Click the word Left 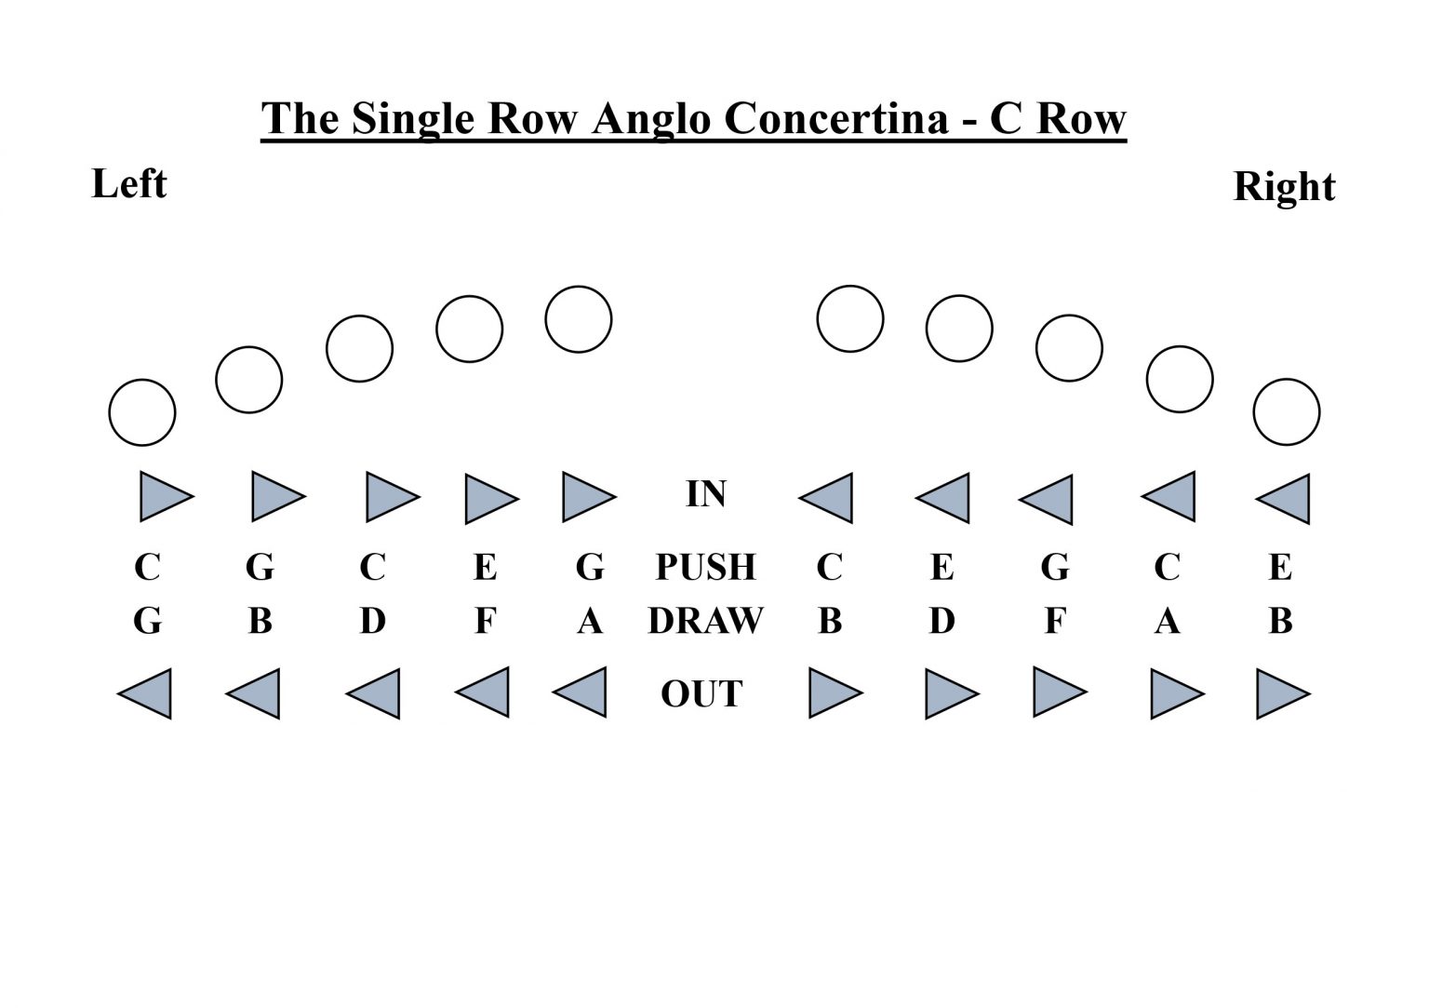(129, 184)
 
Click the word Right (1283, 187)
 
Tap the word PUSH (705, 567)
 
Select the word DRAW (705, 621)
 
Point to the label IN (705, 494)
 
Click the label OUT (701, 694)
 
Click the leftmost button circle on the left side (142, 412)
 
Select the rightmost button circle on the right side (1286, 411)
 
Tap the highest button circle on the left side (578, 319)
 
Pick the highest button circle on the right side (849, 318)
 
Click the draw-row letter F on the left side (485, 621)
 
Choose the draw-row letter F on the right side (1054, 621)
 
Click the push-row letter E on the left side (485, 567)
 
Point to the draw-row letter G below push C (147, 621)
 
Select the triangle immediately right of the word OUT (834, 692)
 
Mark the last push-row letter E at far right (1280, 567)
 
